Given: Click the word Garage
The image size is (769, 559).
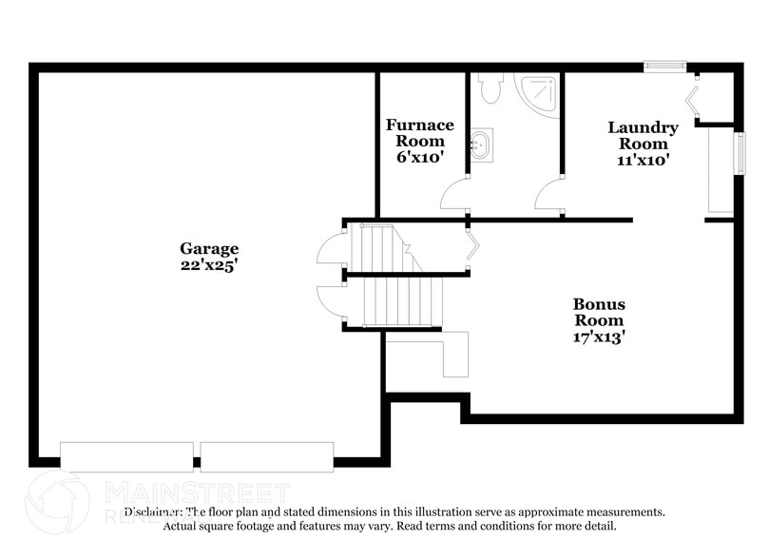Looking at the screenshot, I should [209, 249].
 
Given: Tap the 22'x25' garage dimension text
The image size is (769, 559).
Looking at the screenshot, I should [209, 267].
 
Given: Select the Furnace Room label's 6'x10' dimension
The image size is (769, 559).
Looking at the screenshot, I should [419, 158].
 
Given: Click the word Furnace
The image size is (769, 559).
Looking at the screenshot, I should [419, 125].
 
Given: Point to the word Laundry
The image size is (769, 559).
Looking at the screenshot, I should [644, 127].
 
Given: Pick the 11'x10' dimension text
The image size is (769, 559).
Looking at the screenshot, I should [644, 161].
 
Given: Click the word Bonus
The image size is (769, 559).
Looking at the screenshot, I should [599, 304].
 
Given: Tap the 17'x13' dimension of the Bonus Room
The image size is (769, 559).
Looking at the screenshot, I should [599, 337].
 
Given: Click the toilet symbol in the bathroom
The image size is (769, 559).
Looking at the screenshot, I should [490, 88].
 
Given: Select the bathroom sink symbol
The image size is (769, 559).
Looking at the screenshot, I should [482, 146].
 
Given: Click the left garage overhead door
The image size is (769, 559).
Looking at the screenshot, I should [126, 456].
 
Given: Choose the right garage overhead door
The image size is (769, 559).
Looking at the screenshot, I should [267, 456].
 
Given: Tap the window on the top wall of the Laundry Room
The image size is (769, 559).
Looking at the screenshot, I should [664, 66].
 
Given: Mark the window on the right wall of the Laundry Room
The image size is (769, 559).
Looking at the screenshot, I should [739, 152].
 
